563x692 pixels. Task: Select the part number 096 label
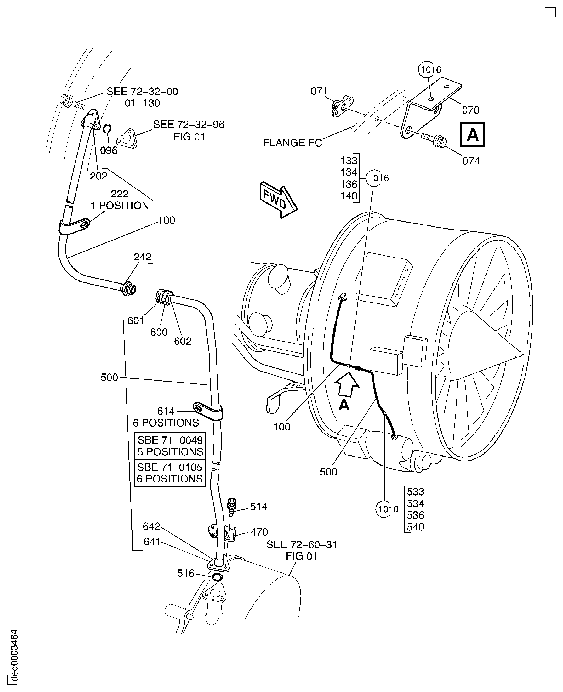click(109, 151)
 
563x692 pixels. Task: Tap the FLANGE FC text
click(292, 143)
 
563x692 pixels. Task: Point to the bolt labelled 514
click(231, 507)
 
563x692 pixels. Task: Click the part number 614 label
click(166, 411)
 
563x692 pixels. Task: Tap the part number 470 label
click(259, 532)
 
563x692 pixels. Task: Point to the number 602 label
click(183, 341)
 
